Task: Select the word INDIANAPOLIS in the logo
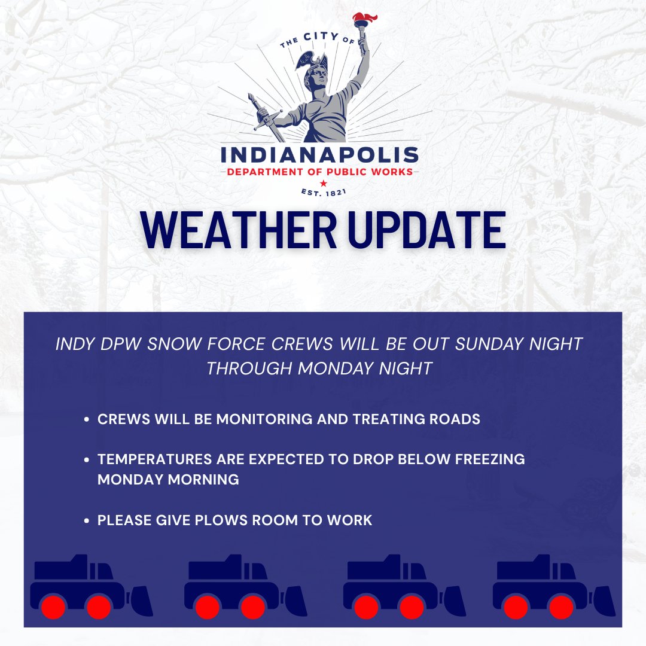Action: pyautogui.click(x=320, y=155)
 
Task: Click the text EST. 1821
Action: pyautogui.click(x=322, y=192)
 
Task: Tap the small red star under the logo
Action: pyautogui.click(x=323, y=182)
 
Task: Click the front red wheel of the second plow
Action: pyautogui.click(x=252, y=607)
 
